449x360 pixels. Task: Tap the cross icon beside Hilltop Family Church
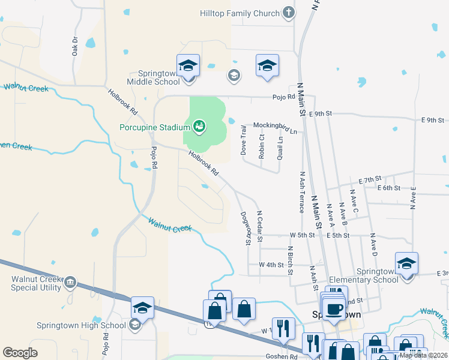288,13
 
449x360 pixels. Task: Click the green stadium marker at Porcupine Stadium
199,126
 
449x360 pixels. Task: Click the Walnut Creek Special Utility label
36,283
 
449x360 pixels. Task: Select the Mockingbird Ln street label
275,125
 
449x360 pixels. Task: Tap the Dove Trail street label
244,140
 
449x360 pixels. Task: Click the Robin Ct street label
262,146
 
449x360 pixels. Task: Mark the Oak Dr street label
75,46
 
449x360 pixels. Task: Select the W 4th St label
271,265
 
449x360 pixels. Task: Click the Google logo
20,353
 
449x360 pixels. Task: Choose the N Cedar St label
259,226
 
